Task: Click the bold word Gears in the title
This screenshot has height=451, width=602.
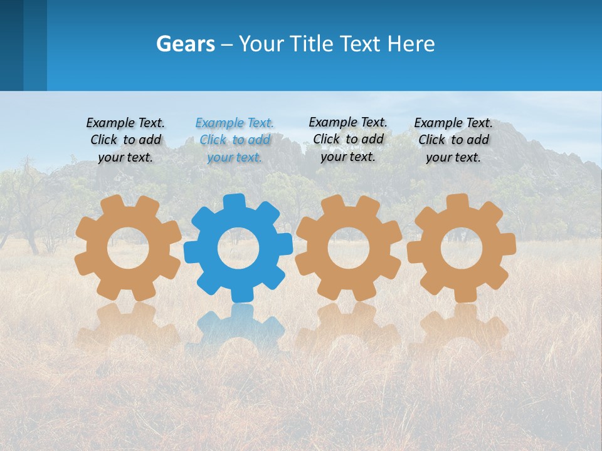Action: (186, 44)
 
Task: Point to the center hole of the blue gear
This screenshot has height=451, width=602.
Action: (238, 249)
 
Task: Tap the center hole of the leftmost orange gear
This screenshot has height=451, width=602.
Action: (128, 249)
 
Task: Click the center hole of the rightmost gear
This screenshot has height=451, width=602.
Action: (461, 249)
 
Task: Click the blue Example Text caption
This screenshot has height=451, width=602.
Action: (235, 140)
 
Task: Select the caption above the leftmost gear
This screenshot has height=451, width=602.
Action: (125, 140)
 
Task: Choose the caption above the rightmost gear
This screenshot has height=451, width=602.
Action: (453, 140)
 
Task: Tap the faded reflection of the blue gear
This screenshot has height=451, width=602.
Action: (238, 326)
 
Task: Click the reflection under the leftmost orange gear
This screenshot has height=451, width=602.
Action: (128, 326)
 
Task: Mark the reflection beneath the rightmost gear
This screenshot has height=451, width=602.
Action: (461, 326)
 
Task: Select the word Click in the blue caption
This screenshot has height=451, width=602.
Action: (213, 140)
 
